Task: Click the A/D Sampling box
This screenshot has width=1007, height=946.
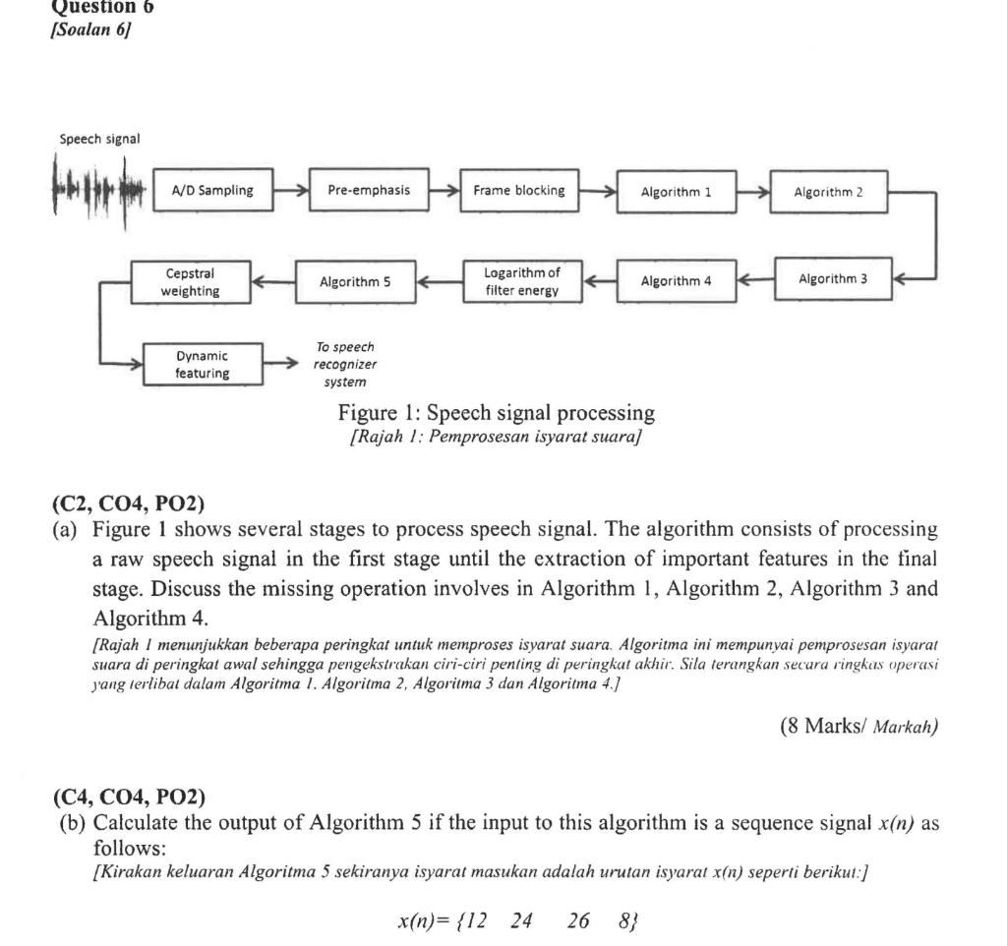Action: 212,191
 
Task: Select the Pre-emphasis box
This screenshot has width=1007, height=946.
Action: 369,191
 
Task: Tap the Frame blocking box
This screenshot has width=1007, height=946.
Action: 519,191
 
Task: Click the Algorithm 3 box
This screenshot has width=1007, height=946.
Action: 833,279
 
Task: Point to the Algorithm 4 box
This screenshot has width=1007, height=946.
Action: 676,281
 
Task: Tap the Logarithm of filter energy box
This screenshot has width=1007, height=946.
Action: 521,281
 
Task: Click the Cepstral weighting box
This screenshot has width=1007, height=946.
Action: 190,281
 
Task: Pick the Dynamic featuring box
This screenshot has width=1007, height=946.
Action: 203,364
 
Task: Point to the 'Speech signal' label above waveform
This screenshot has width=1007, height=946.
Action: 99,138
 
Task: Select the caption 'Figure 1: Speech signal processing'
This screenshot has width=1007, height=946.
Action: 496,412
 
